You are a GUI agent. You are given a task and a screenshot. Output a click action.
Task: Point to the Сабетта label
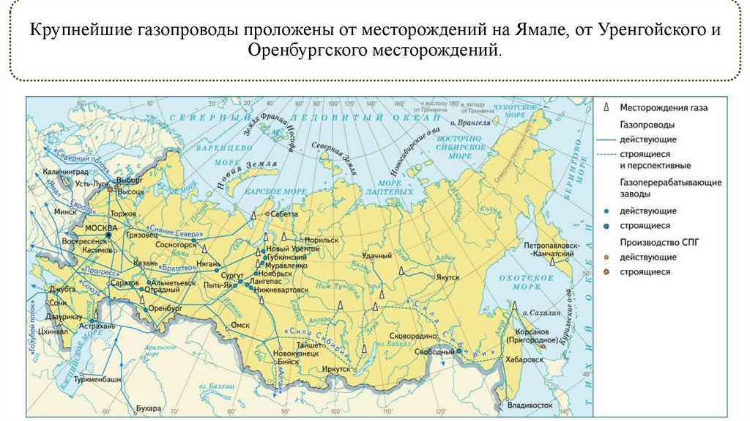point(284,215)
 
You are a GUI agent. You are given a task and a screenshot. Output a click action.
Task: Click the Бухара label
point(148,407)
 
